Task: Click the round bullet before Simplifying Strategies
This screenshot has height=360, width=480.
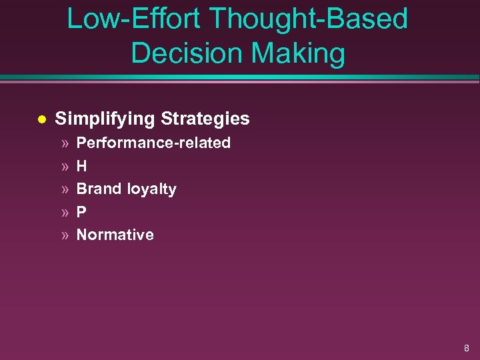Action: tap(41, 119)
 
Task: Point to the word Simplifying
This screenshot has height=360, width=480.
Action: tap(105, 119)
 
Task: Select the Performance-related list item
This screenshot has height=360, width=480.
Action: tap(153, 143)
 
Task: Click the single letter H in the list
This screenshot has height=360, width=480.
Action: tap(82, 166)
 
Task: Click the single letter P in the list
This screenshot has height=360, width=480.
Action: tap(81, 212)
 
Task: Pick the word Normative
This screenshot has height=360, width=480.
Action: tap(115, 235)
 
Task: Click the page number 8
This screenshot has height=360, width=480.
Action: tap(466, 347)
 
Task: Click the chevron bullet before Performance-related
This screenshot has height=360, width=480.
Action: tap(65, 143)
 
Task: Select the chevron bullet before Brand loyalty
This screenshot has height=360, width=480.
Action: tap(65, 189)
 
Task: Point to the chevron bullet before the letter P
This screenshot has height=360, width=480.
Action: tap(65, 213)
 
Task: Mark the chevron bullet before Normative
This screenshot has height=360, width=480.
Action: tap(65, 235)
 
